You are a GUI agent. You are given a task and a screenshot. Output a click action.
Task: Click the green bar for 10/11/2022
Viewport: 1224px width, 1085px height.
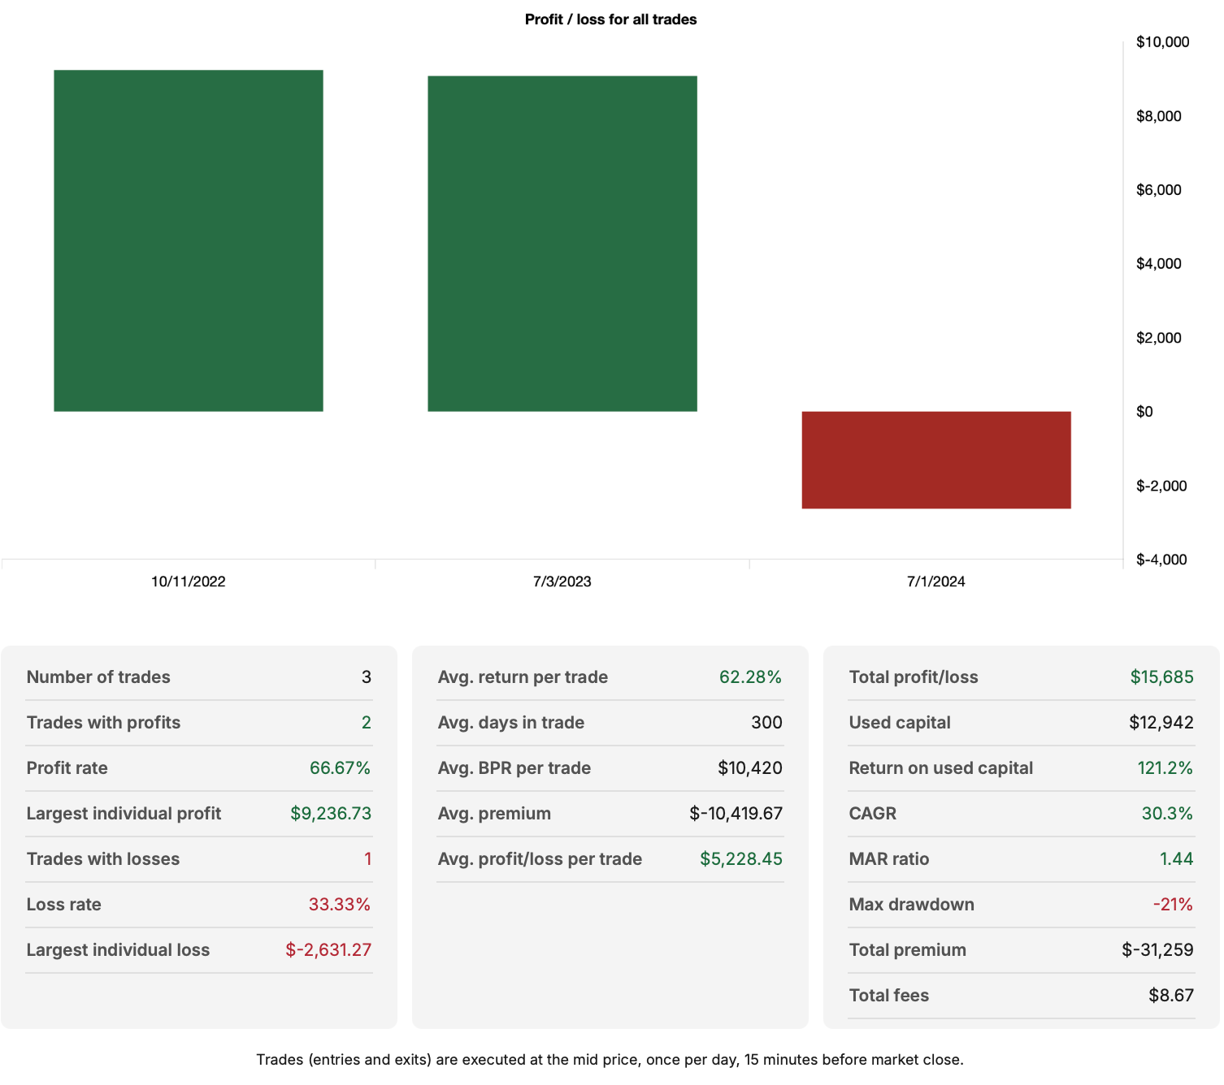tap(189, 240)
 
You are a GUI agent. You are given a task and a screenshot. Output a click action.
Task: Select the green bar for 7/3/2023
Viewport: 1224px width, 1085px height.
tap(562, 244)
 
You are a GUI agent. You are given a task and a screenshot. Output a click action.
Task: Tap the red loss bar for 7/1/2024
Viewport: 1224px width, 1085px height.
tap(936, 460)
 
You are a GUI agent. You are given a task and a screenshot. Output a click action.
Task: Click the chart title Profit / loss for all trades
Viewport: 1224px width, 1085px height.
tap(610, 19)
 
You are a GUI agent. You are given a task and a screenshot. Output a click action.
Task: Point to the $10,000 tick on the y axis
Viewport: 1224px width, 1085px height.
tap(1162, 42)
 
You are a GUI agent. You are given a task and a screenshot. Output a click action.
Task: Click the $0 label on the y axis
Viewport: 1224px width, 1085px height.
tap(1144, 412)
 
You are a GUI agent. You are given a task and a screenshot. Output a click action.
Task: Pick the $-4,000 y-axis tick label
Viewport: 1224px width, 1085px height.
tap(1161, 560)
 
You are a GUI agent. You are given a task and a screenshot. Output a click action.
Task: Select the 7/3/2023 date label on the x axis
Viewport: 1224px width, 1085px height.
tap(562, 581)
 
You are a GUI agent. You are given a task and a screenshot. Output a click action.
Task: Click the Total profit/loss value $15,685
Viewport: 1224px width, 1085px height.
tap(1161, 677)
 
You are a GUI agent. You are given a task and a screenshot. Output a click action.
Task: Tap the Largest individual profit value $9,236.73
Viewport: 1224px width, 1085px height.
tap(331, 814)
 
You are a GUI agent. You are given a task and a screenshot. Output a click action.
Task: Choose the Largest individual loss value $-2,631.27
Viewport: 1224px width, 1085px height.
tap(328, 950)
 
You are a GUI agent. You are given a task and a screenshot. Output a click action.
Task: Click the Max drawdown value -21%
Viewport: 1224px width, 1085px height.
tap(1173, 905)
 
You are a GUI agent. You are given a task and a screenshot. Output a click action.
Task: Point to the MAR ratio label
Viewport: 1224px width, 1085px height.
tap(888, 859)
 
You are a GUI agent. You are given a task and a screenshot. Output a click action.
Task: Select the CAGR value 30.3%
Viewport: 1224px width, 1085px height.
tap(1167, 814)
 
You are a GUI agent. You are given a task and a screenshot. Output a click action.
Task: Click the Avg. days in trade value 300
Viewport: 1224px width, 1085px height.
tap(766, 723)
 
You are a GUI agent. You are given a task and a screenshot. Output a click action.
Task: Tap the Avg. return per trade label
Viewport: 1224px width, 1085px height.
tap(523, 677)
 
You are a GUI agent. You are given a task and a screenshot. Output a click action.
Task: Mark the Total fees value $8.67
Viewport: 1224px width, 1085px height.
tap(1171, 996)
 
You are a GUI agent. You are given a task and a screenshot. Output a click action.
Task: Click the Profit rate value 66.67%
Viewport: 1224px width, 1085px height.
tap(340, 768)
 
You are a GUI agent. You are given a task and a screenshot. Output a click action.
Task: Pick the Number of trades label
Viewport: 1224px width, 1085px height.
tap(98, 677)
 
